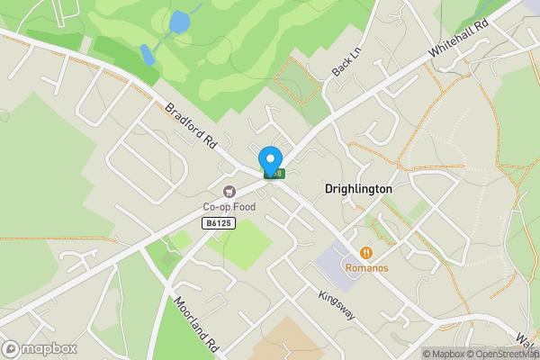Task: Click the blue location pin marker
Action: pos(269,159)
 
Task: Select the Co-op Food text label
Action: pos(229,207)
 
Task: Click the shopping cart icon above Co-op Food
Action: pos(229,192)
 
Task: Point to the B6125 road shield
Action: pos(219,222)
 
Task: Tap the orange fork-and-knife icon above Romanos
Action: pos(367,254)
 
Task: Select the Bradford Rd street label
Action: pos(193,126)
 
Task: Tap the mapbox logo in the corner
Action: pos(40,348)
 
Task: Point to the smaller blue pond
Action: pos(147,55)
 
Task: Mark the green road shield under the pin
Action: pos(274,174)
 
